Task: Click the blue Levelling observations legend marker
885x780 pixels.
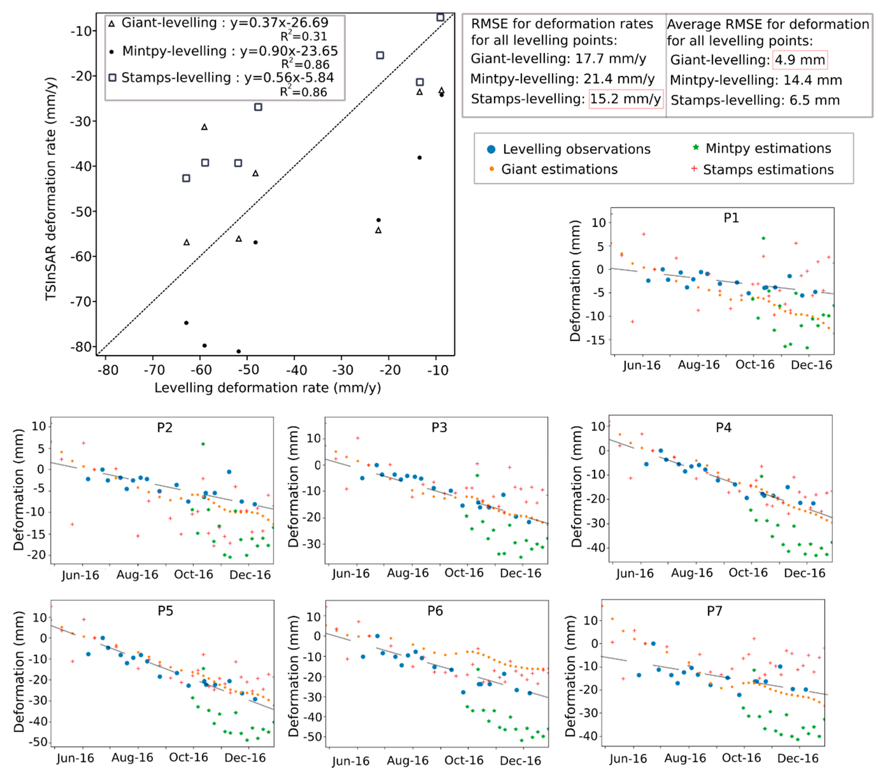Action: point(491,149)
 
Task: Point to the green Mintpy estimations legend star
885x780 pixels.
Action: point(696,147)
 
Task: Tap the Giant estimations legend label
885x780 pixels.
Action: point(559,169)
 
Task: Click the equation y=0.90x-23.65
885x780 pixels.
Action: point(289,51)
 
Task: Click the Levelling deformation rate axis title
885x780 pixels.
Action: point(268,388)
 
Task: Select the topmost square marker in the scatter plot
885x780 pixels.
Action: point(440,17)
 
